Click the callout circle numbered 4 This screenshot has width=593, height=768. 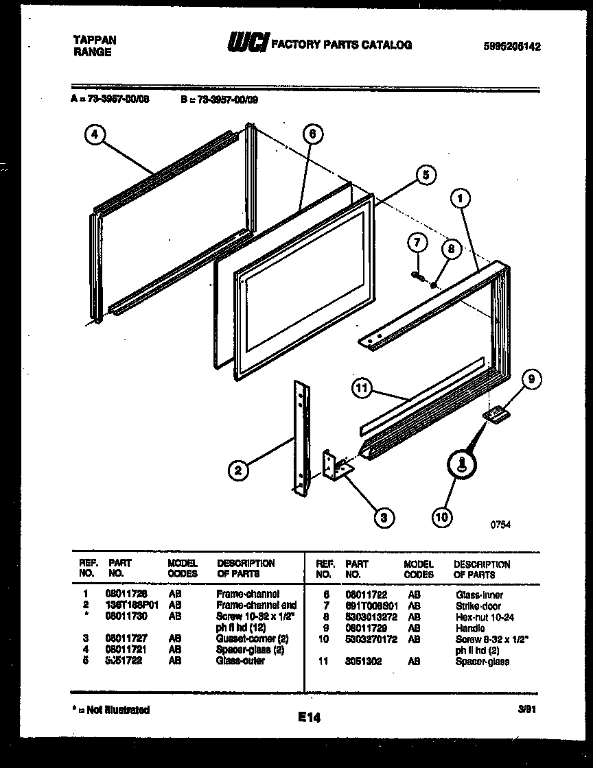pos(95,135)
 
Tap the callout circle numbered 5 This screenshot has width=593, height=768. pos(425,176)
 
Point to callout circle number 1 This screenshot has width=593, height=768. pos(461,199)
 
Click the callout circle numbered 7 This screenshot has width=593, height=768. pos(417,242)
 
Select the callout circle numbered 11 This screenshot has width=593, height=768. pos(362,389)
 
